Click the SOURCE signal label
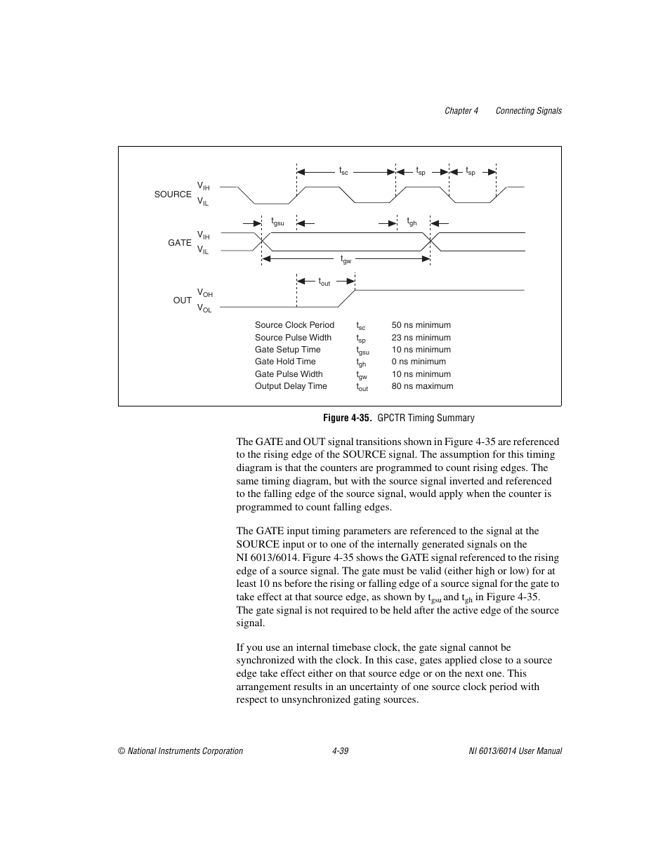(173, 194)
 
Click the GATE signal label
(180, 243)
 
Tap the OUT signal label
(183, 300)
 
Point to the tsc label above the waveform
(343, 171)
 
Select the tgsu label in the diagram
(277, 222)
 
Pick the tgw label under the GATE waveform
(346, 260)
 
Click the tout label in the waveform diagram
(324, 282)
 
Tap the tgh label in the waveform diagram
(412, 222)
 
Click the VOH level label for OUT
(204, 293)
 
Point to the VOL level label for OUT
(204, 308)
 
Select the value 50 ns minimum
(421, 325)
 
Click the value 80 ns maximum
(422, 386)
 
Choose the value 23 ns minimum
(421, 338)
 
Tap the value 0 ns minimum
(419, 362)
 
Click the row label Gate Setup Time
(287, 350)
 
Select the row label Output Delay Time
(291, 386)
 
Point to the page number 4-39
(341, 751)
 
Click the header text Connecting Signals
(528, 111)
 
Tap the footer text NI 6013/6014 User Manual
(515, 751)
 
